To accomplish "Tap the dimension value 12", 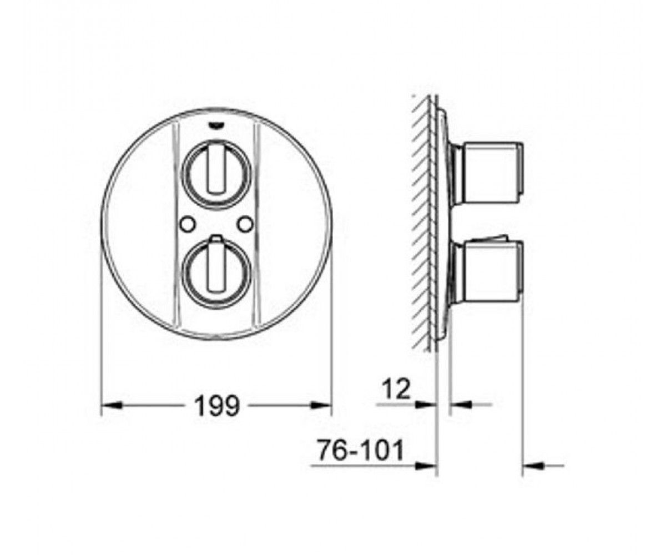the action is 396,389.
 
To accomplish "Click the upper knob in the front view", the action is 216,174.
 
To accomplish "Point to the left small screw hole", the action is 187,224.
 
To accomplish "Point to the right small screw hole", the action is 245,224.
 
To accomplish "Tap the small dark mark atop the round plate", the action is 216,127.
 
